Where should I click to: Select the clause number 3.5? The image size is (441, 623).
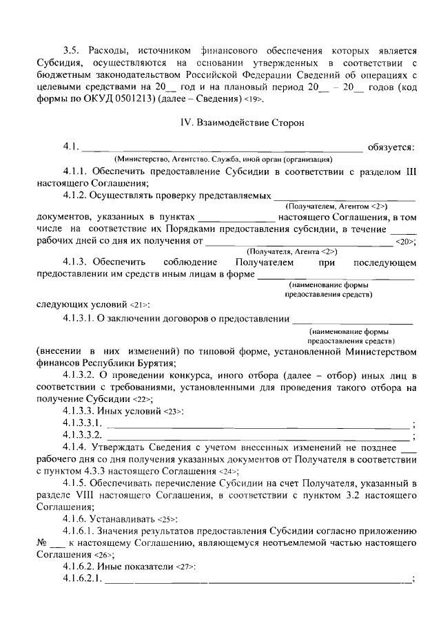pos(72,50)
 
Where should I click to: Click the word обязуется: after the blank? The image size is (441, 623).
pos(391,146)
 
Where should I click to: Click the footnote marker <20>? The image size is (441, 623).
pos(404,242)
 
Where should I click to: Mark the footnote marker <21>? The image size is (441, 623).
pos(139,304)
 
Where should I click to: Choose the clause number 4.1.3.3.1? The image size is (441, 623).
pos(83,422)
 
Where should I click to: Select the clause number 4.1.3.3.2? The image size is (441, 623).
pos(83,435)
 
